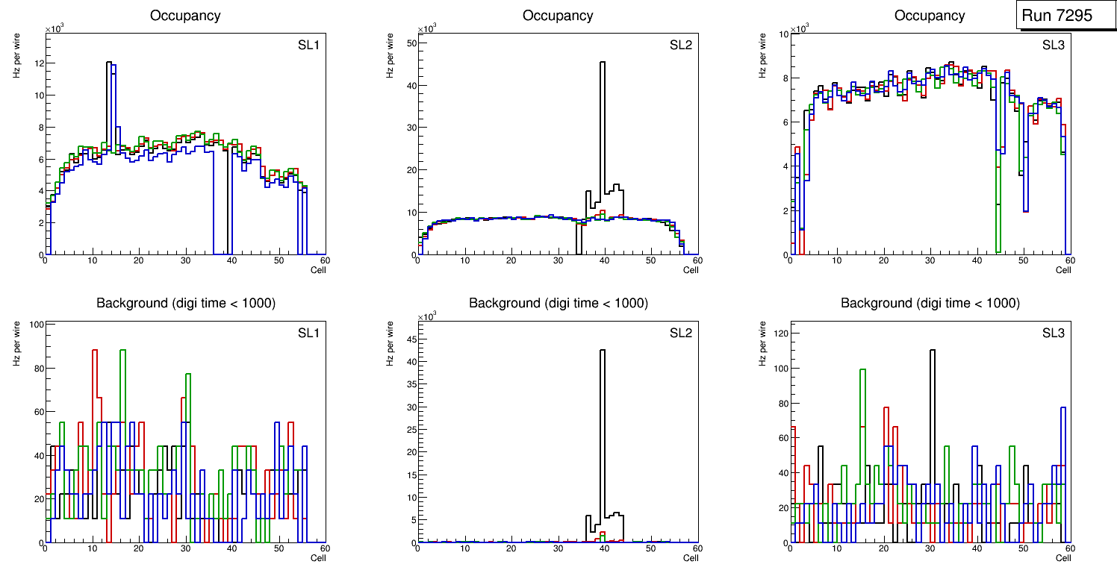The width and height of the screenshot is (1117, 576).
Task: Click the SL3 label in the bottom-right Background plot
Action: click(1054, 333)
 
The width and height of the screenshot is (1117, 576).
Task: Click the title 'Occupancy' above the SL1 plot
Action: click(185, 15)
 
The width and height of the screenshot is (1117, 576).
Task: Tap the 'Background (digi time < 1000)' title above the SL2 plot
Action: click(558, 303)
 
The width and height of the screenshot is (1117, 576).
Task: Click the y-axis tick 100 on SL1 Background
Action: click(35, 325)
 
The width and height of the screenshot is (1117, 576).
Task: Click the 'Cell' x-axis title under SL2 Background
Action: click(691, 557)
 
